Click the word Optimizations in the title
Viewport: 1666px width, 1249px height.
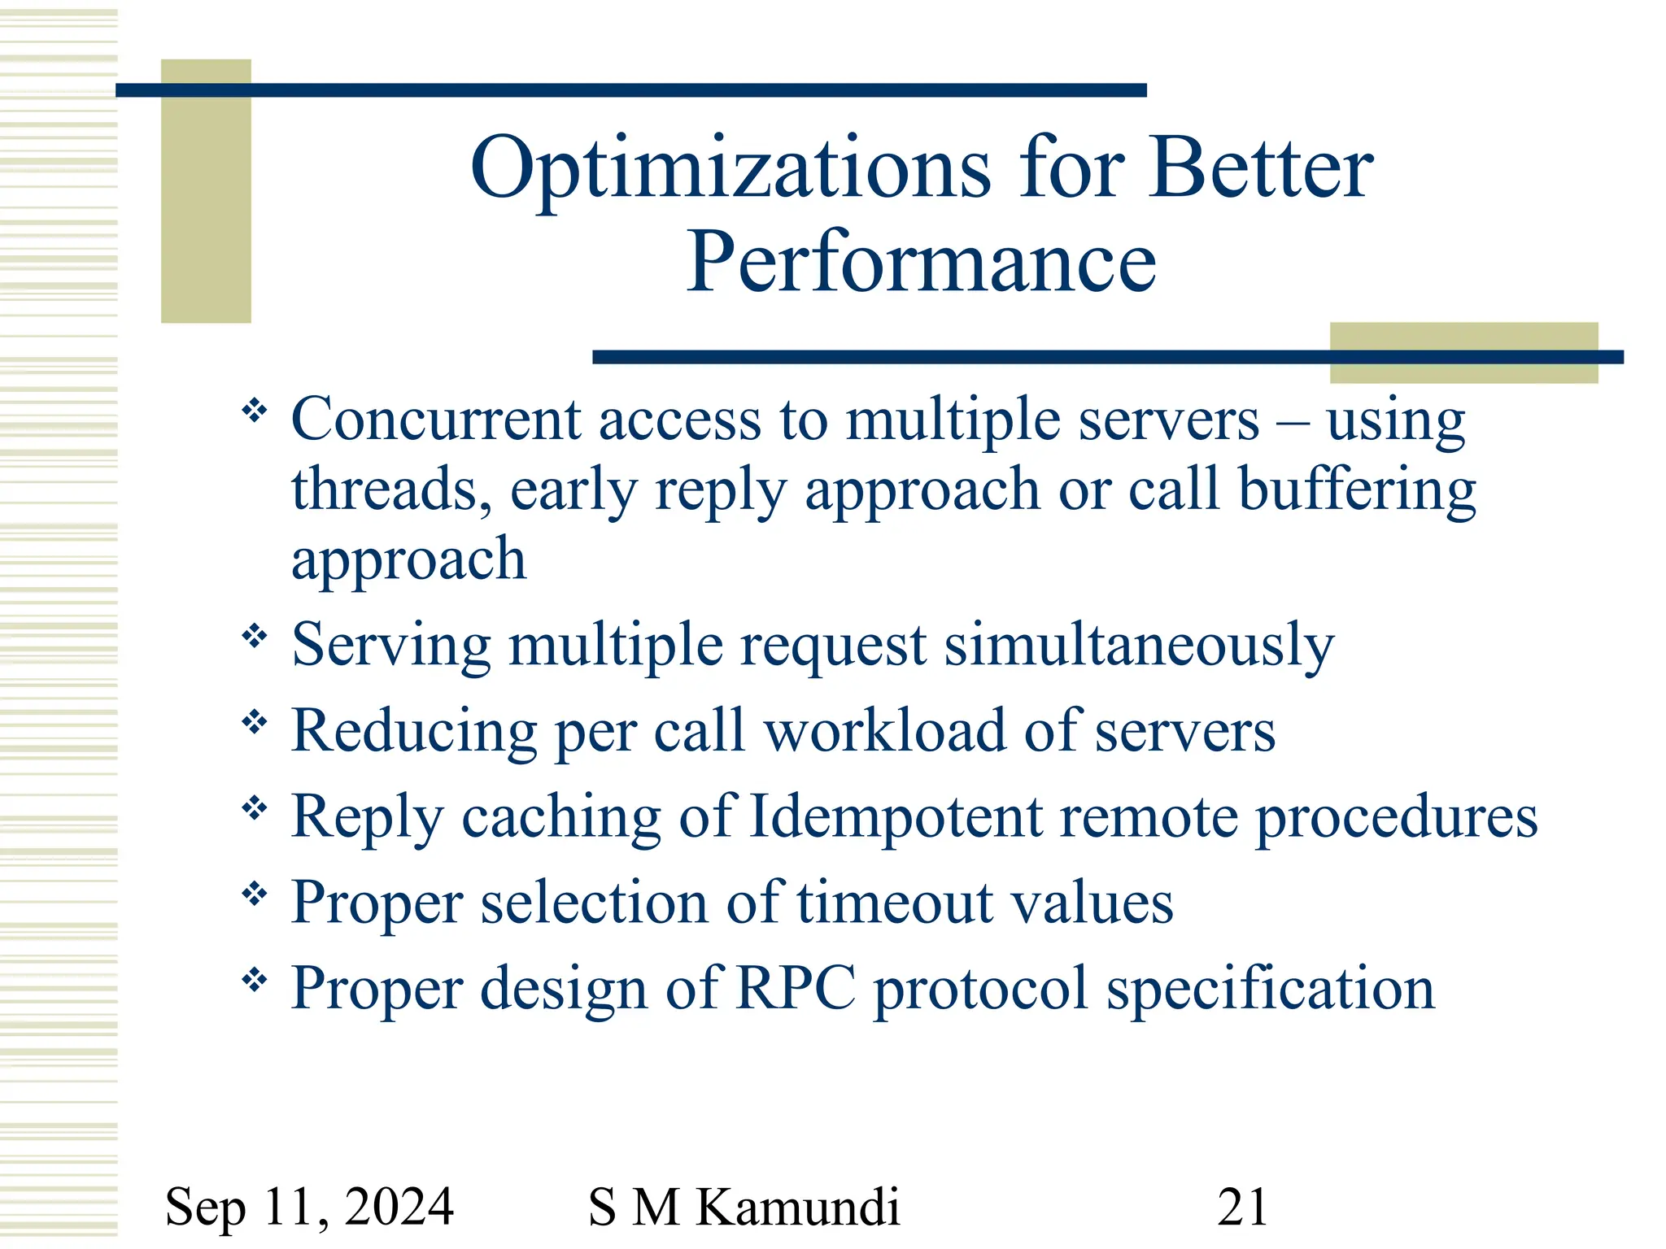tap(730, 169)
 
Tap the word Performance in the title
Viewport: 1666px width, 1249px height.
tap(921, 263)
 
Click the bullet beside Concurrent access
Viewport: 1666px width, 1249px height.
tap(255, 411)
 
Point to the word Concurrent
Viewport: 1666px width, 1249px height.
tap(436, 420)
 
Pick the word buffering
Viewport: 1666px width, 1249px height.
tap(1357, 490)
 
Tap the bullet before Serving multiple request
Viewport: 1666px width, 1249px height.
tap(255, 635)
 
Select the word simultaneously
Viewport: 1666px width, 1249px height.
tap(1139, 646)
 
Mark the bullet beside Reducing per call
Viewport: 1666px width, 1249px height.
tap(255, 721)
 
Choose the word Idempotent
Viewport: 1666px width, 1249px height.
tap(895, 816)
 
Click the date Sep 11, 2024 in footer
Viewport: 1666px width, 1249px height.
tap(309, 1206)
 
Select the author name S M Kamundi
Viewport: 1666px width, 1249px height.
tap(744, 1206)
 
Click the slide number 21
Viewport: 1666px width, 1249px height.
tap(1242, 1206)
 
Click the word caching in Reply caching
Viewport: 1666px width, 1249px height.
tap(561, 818)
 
